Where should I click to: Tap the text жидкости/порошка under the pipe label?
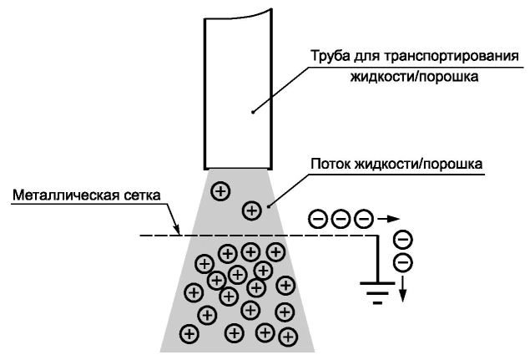coord(414,77)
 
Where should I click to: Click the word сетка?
coord(142,195)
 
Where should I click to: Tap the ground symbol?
coord(377,293)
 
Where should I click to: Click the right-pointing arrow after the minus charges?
coord(388,219)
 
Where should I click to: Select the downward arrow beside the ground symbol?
coord(402,289)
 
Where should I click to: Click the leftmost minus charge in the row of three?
coord(318,219)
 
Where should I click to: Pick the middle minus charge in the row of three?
coord(341,219)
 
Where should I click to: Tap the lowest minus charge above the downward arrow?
coord(403,263)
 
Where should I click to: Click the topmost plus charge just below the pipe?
coord(220,191)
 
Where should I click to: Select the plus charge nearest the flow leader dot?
coord(252,210)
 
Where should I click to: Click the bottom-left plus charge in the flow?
coord(189,334)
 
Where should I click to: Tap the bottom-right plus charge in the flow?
coord(288,337)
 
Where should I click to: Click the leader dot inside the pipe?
coord(253,112)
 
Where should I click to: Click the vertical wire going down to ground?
coord(377,259)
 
